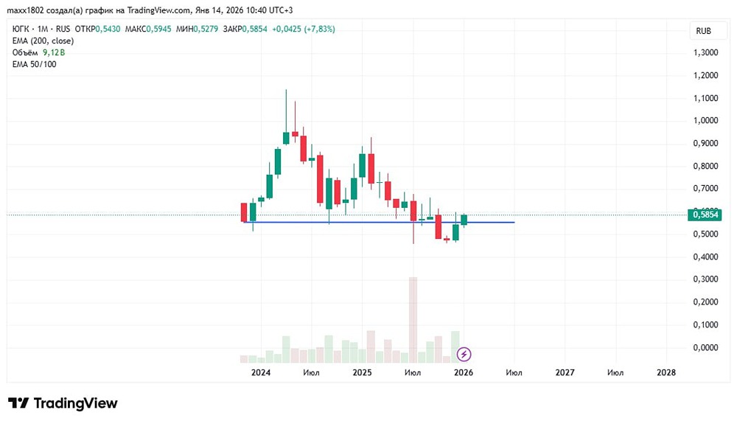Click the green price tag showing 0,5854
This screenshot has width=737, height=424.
pos(703,215)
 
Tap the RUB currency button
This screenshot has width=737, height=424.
pos(703,31)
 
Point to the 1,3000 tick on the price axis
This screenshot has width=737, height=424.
pos(705,52)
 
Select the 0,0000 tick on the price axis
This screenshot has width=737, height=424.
pos(705,347)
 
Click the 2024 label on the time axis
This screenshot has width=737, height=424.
pos(261,372)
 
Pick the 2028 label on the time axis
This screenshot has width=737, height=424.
pos(666,372)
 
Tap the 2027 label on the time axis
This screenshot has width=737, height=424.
pos(565,372)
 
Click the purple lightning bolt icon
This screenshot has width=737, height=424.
pos(464,354)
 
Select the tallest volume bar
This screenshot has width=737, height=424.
pos(413,320)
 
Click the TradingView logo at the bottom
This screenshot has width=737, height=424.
pos(63,403)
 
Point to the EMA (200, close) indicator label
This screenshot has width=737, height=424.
pos(43,41)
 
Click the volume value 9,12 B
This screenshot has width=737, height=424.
pos(54,52)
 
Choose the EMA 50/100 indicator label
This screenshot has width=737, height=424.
pos(35,64)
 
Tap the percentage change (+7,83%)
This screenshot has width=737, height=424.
pos(320,29)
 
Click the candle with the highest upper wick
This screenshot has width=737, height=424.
pos(286,117)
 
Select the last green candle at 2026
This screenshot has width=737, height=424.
pos(464,220)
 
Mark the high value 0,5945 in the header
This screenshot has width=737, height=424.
pos(159,29)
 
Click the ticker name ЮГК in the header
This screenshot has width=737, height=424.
pos(20,29)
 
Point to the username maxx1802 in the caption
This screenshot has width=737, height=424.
pos(25,10)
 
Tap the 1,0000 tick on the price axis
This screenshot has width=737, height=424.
pos(705,120)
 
